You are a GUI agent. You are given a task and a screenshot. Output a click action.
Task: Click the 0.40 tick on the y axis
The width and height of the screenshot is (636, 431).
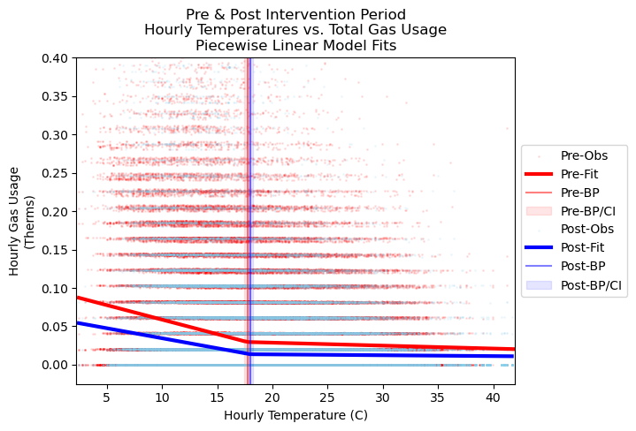pos(55,58)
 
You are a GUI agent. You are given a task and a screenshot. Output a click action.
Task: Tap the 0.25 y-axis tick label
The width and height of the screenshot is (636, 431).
pos(55,173)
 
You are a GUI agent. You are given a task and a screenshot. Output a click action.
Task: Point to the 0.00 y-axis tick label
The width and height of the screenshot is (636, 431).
pos(55,365)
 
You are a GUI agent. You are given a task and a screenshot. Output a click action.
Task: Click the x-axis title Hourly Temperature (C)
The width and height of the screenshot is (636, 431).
pos(295,415)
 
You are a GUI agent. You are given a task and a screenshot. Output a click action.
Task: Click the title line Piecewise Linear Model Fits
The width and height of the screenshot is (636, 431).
pos(295,45)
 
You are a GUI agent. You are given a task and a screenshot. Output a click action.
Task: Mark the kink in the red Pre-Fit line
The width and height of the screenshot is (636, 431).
pos(247,341)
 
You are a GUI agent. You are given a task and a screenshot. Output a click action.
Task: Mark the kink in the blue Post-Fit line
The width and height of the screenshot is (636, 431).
pos(249,353)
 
